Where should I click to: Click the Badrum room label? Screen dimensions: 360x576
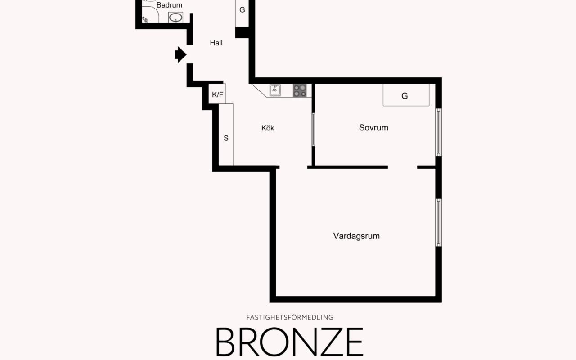click(169, 5)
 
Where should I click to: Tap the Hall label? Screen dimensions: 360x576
click(216, 43)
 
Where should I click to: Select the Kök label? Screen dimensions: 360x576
click(267, 128)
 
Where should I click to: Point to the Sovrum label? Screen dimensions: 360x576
click(373, 127)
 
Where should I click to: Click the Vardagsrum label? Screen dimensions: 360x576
click(356, 236)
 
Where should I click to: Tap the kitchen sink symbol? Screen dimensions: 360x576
click(275, 90)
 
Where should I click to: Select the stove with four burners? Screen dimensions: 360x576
click(300, 90)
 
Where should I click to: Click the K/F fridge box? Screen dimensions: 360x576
click(218, 94)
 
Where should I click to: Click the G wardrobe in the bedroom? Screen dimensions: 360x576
click(405, 95)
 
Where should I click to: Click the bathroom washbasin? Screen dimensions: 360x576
click(175, 18)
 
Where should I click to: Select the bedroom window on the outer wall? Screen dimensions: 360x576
click(438, 132)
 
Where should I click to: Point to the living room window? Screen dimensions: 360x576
click(438, 222)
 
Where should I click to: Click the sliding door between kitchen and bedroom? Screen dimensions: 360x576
click(313, 129)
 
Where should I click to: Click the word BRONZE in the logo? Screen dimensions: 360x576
click(289, 342)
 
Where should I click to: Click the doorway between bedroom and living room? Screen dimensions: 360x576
click(402, 167)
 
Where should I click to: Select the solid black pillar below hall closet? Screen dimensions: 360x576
click(242, 32)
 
